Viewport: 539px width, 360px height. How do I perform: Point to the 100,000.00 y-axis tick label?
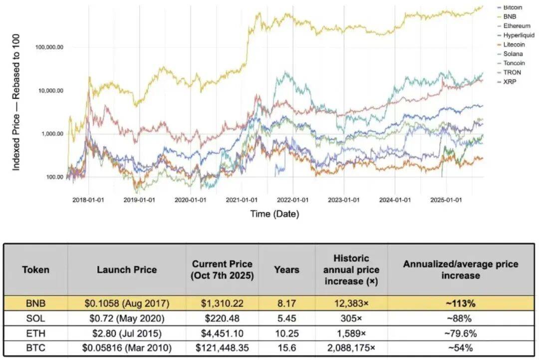coord(49,47)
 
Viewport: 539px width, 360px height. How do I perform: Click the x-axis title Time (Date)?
coord(274,214)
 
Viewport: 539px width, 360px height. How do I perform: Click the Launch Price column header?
coord(127,270)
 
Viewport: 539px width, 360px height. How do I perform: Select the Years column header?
coord(286,270)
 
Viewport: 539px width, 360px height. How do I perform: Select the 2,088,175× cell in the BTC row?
coord(351,348)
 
